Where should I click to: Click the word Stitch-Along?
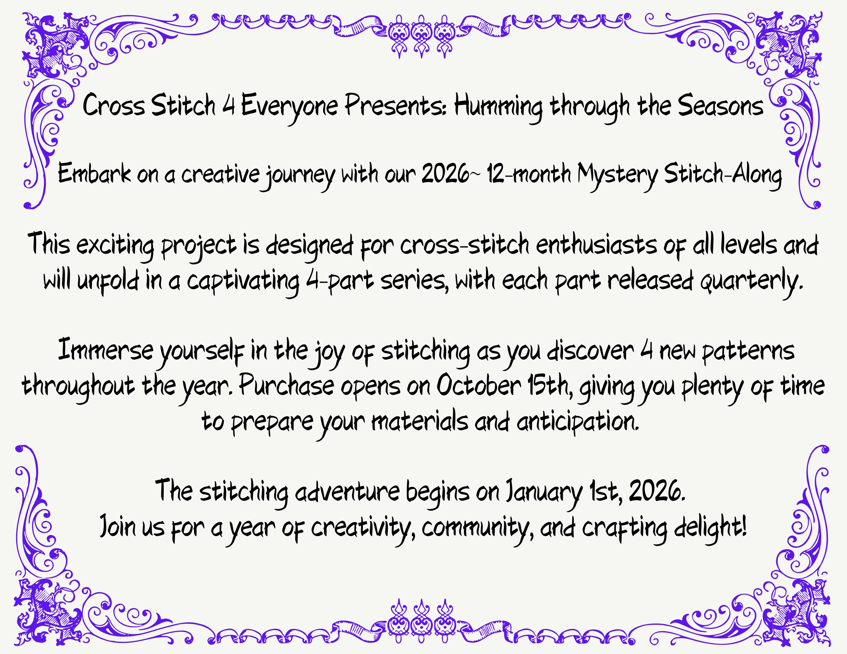tap(722, 177)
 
